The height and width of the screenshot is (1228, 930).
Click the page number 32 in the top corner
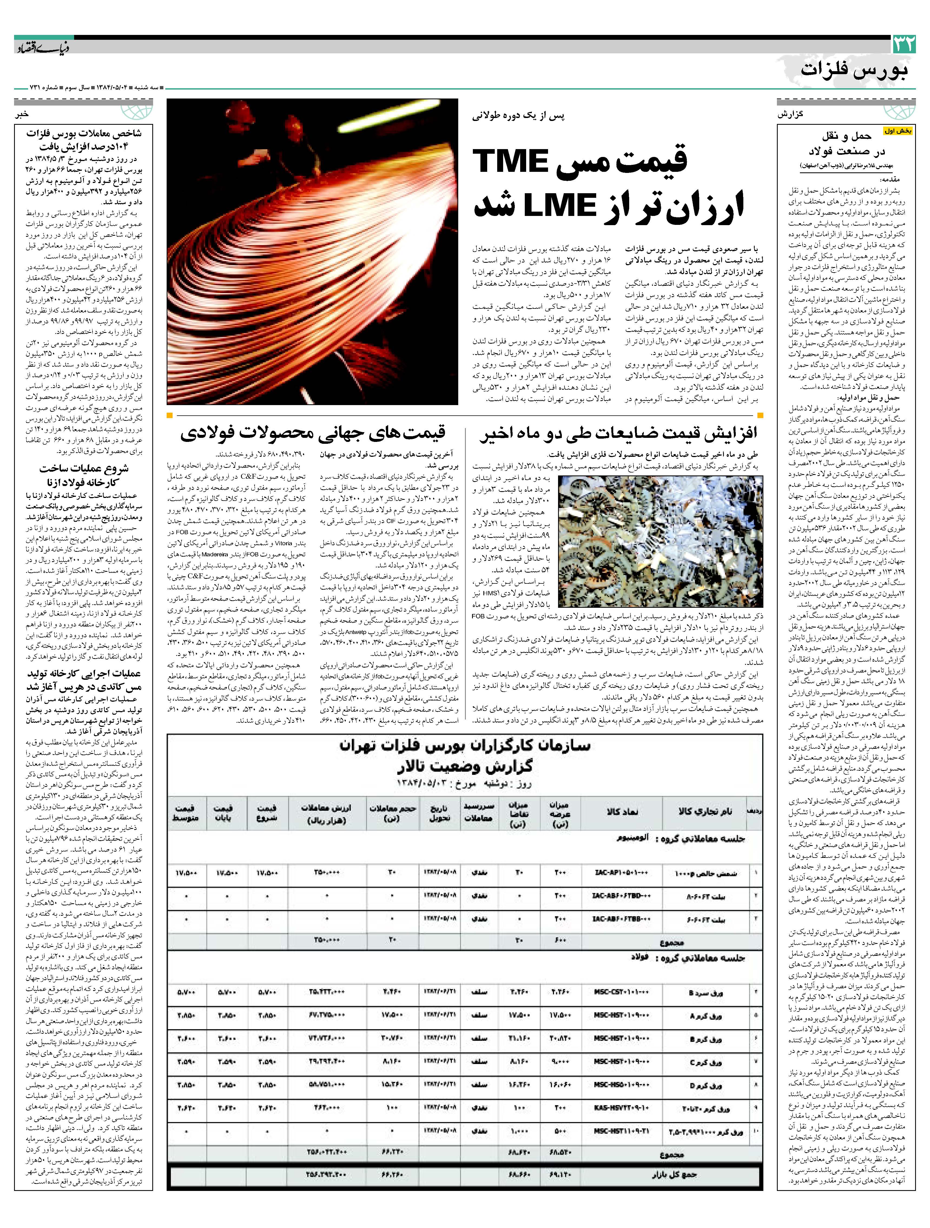pyautogui.click(x=903, y=44)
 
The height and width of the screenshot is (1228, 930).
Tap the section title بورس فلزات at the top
pyautogui.click(x=855, y=71)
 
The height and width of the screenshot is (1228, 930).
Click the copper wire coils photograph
pyautogui.click(x=312, y=251)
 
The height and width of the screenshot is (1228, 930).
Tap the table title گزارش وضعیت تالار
pyautogui.click(x=465, y=767)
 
